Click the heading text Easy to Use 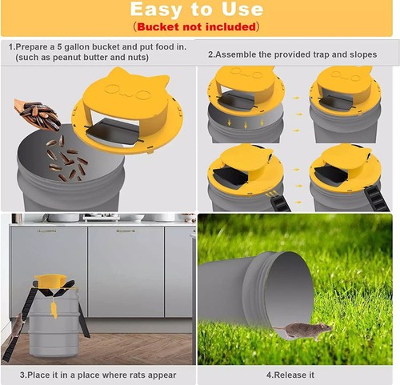196,10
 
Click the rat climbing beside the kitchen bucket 17,324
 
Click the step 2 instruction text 292,54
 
